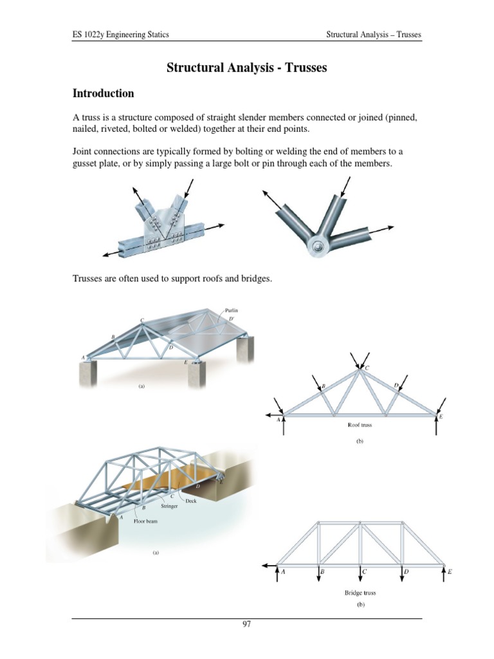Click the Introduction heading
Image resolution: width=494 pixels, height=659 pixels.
[104, 93]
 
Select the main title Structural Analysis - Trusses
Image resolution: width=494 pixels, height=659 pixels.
[247, 68]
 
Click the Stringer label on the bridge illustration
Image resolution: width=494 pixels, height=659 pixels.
[169, 506]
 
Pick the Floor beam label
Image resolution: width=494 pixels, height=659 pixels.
[145, 521]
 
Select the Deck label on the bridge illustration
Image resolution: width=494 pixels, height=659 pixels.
[190, 501]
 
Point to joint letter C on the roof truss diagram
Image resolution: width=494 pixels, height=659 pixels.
[367, 368]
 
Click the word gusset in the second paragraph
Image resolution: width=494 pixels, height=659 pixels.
[89, 164]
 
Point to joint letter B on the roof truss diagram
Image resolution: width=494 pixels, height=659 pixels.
[324, 386]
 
